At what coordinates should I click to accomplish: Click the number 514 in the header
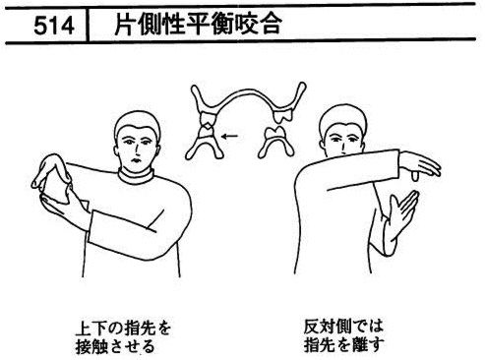point(54,26)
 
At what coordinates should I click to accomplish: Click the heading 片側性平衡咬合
point(198,24)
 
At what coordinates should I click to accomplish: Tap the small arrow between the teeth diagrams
point(229,136)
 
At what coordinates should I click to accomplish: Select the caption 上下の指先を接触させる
point(123,337)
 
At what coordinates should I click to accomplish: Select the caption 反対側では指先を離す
point(344,335)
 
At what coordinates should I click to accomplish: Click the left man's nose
point(135,151)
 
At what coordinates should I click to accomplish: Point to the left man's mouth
point(135,160)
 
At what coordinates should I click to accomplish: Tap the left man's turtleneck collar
point(136,177)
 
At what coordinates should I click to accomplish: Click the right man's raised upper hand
point(420,165)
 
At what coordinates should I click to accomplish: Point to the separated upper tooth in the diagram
point(282,113)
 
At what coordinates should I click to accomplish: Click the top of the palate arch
point(248,91)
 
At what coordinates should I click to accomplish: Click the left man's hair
point(137,122)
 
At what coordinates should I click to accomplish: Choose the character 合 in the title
point(270,24)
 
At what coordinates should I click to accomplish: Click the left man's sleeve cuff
point(92,226)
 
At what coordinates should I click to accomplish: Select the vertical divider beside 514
point(88,25)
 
